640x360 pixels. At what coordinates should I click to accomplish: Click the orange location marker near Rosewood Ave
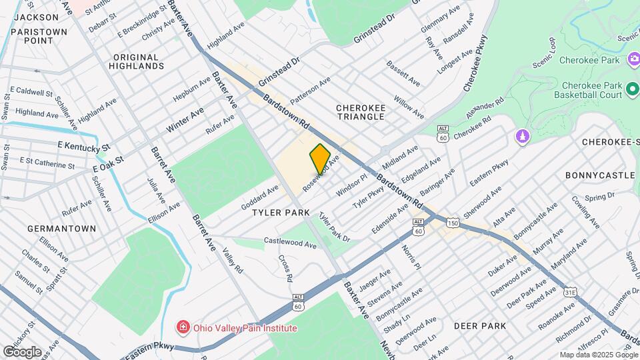pyautogui.click(x=320, y=158)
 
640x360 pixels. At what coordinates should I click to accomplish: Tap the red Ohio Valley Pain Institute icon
pyautogui.click(x=182, y=327)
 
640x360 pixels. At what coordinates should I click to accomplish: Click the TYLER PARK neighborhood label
pyautogui.click(x=281, y=212)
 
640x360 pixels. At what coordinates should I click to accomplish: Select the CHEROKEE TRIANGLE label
pyautogui.click(x=360, y=111)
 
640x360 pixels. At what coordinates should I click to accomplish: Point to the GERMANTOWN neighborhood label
pyautogui.click(x=62, y=228)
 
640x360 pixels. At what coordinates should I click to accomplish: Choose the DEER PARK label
pyautogui.click(x=480, y=326)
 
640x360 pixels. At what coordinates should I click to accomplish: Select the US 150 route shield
pyautogui.click(x=453, y=222)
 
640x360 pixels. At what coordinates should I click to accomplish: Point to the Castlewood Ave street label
pyautogui.click(x=290, y=243)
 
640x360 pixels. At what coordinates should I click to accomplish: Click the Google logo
pyautogui.click(x=22, y=351)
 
